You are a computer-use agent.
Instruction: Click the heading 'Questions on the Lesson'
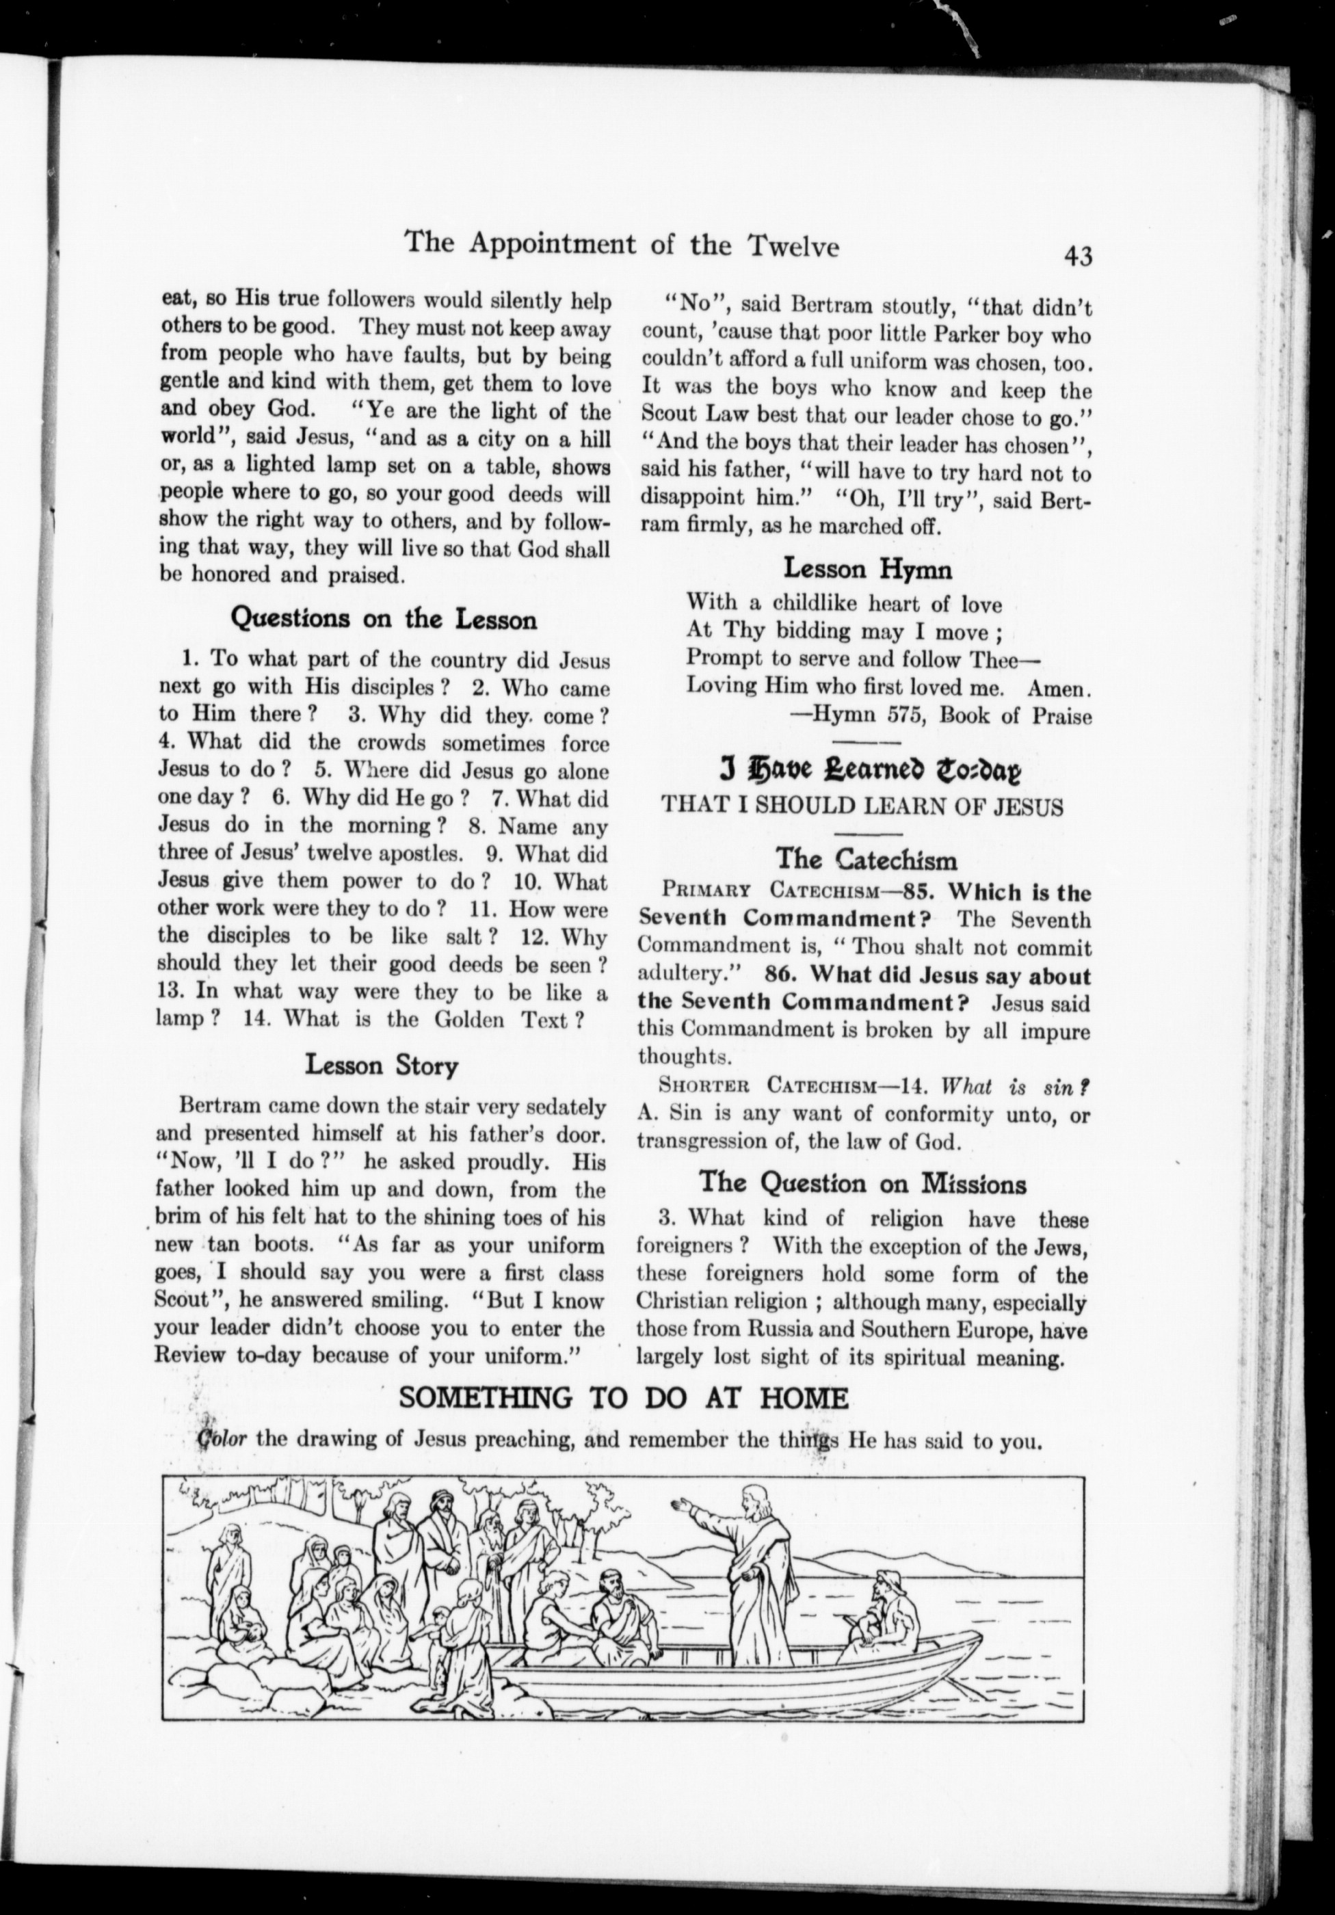pos(383,619)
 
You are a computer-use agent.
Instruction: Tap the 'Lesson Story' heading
pos(381,1065)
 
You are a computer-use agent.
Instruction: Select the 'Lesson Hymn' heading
pos(867,570)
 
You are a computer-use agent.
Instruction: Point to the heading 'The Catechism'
pos(867,858)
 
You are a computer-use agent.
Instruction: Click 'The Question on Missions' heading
pos(863,1182)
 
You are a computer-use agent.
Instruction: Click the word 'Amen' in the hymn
pos(1058,688)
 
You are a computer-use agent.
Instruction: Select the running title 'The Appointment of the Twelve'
pos(620,244)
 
